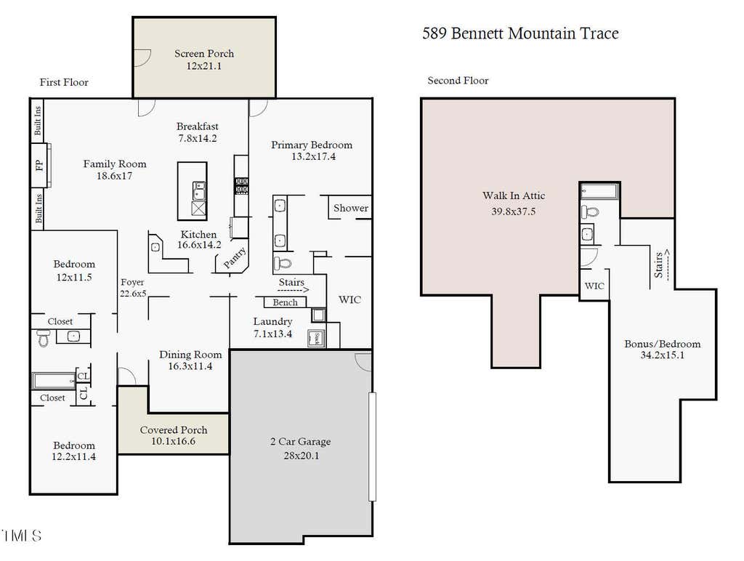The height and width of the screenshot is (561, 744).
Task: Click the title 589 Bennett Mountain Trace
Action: (x=520, y=33)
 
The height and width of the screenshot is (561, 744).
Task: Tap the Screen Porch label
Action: (x=204, y=54)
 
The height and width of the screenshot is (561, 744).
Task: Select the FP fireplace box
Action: (x=41, y=165)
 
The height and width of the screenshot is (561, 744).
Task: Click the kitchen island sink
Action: (x=199, y=190)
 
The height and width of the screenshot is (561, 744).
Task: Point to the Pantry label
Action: (x=235, y=258)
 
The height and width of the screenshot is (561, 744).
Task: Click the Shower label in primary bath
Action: (x=351, y=208)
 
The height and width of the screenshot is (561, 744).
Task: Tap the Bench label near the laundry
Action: (x=285, y=302)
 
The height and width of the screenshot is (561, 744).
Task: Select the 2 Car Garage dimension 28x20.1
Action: (x=302, y=456)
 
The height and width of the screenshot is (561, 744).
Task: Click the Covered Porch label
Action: (x=174, y=430)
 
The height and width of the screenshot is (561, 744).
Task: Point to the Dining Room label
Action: (x=191, y=355)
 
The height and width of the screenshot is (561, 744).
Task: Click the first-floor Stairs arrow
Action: (x=294, y=289)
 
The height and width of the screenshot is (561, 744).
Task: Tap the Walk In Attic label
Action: (x=514, y=195)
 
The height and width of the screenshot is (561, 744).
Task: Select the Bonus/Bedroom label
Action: (x=663, y=344)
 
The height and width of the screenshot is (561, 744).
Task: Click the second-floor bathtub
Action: (x=599, y=191)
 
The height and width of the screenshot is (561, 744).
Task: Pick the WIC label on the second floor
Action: (x=594, y=286)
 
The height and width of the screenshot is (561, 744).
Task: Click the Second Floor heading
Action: (x=458, y=81)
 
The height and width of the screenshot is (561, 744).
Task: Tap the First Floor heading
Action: (x=64, y=82)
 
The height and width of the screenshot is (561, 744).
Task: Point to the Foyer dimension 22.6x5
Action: (x=133, y=294)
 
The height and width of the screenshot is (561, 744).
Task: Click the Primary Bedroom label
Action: (x=312, y=145)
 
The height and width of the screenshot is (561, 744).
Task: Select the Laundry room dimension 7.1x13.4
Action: (x=273, y=334)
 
